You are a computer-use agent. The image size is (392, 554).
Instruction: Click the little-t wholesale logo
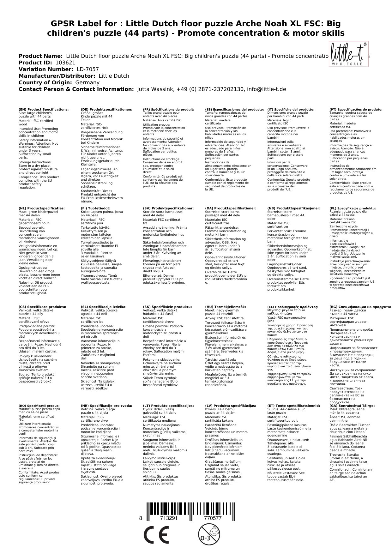pyautogui.click(x=346, y=54)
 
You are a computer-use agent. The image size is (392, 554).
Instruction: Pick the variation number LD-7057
pyautogui.click(x=87, y=69)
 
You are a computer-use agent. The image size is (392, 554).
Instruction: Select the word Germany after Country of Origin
pyautogui.click(x=87, y=82)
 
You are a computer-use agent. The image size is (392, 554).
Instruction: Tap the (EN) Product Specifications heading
pyautogui.click(x=44, y=109)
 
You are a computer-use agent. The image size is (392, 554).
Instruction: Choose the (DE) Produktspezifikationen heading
pyautogui.click(x=106, y=109)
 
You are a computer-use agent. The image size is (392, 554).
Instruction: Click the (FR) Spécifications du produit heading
pyautogui.click(x=168, y=109)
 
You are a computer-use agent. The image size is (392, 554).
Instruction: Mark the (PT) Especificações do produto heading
pyautogui.click(x=356, y=109)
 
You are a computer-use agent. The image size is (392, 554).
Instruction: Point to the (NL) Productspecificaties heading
pyautogui.click(x=42, y=208)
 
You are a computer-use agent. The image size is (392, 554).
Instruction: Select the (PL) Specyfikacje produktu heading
pyautogui.click(x=353, y=208)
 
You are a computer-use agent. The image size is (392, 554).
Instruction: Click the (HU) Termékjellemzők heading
pyautogui.click(x=225, y=307)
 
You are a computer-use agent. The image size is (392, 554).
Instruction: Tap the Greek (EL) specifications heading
pyautogui.click(x=293, y=307)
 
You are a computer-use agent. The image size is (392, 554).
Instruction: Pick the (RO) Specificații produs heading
pyautogui.click(x=39, y=406)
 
